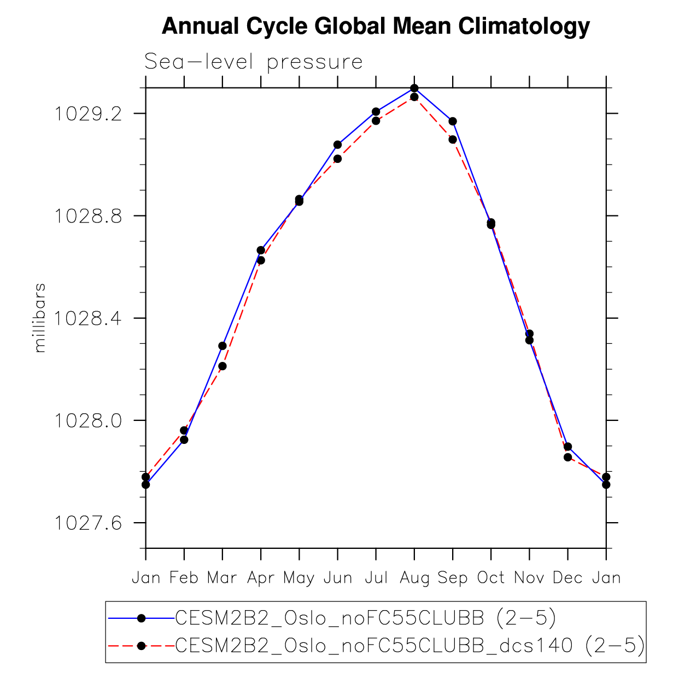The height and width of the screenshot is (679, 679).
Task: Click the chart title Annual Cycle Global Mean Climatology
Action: (376, 26)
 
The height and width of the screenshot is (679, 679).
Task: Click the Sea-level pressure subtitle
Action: (253, 62)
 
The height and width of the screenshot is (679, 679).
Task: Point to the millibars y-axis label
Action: (40, 318)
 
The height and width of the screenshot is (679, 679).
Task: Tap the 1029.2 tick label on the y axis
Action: (87, 114)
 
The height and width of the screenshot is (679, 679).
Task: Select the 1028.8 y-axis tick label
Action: (87, 216)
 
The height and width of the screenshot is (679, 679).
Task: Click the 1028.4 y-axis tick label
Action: (87, 318)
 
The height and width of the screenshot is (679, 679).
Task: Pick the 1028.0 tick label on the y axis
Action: (87, 420)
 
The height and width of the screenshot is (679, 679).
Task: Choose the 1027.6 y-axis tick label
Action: (87, 523)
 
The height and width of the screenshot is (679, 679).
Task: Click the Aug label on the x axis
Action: (414, 578)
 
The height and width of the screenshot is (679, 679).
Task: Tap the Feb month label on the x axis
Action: (184, 578)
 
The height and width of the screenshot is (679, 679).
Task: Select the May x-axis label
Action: (298, 578)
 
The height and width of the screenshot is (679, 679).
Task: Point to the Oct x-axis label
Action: (491, 578)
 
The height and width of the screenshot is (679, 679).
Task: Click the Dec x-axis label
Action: (567, 578)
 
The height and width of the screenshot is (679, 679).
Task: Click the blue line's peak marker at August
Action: (414, 88)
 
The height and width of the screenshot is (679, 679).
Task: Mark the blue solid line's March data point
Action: (223, 346)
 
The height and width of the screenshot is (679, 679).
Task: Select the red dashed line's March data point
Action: (223, 366)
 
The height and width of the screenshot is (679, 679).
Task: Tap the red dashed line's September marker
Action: (453, 139)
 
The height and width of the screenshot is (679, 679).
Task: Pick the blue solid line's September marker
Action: (453, 121)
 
